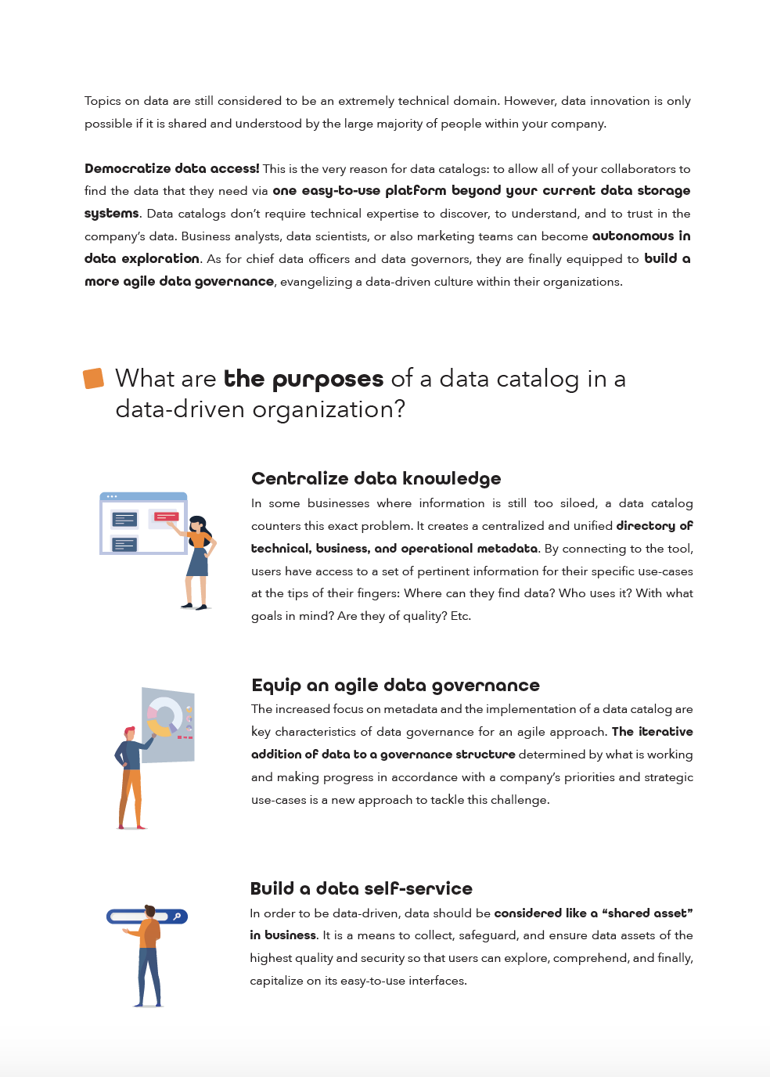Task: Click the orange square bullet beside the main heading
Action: [94, 379]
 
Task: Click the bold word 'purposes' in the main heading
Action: [327, 380]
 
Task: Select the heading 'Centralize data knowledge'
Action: [376, 478]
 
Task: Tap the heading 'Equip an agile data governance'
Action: [395, 686]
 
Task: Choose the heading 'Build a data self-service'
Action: [361, 888]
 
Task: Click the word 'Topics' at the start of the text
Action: [103, 101]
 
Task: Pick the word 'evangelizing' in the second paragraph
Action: [315, 282]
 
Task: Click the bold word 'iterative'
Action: [665, 732]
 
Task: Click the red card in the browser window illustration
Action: [166, 517]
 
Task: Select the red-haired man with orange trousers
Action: [131, 775]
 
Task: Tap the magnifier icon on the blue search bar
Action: [178, 917]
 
